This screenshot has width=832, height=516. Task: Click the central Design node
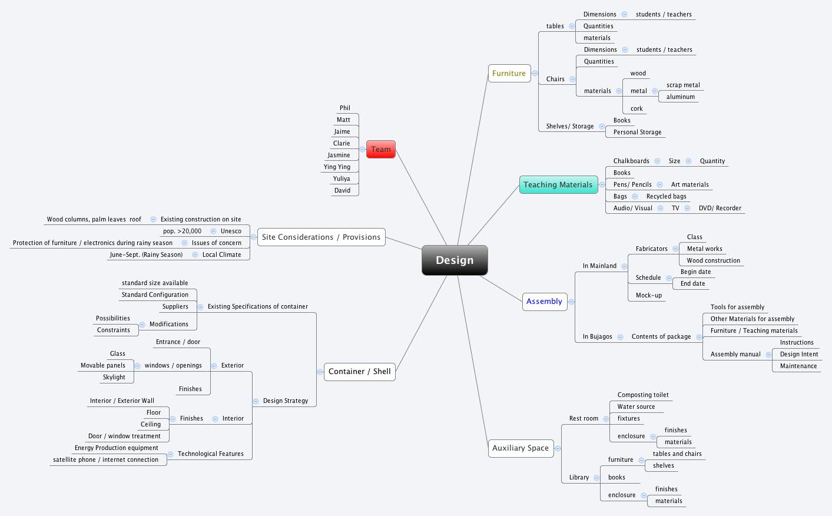(x=455, y=260)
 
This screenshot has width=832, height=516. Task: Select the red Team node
(x=380, y=149)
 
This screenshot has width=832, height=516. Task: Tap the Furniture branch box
(x=509, y=74)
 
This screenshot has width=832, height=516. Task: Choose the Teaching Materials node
(x=558, y=185)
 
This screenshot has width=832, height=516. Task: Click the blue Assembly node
(x=544, y=302)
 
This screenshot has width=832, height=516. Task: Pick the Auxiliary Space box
(x=520, y=448)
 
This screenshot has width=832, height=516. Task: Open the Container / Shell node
(x=359, y=372)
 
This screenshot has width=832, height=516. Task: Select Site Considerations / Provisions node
(x=321, y=237)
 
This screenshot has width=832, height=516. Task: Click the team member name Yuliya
(x=342, y=179)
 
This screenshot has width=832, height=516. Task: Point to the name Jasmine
(x=339, y=156)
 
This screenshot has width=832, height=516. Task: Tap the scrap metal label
(x=683, y=85)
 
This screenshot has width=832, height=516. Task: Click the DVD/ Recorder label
(x=720, y=209)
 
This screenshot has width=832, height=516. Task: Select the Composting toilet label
(x=643, y=395)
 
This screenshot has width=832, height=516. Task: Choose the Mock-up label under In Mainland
(x=648, y=296)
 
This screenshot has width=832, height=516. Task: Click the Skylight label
(x=114, y=378)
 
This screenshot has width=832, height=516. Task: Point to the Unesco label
(x=231, y=231)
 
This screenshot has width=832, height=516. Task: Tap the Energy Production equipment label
(x=117, y=448)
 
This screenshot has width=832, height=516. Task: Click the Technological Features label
(x=211, y=454)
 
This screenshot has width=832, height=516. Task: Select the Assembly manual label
(x=735, y=355)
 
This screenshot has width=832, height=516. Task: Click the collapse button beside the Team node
(x=362, y=150)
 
